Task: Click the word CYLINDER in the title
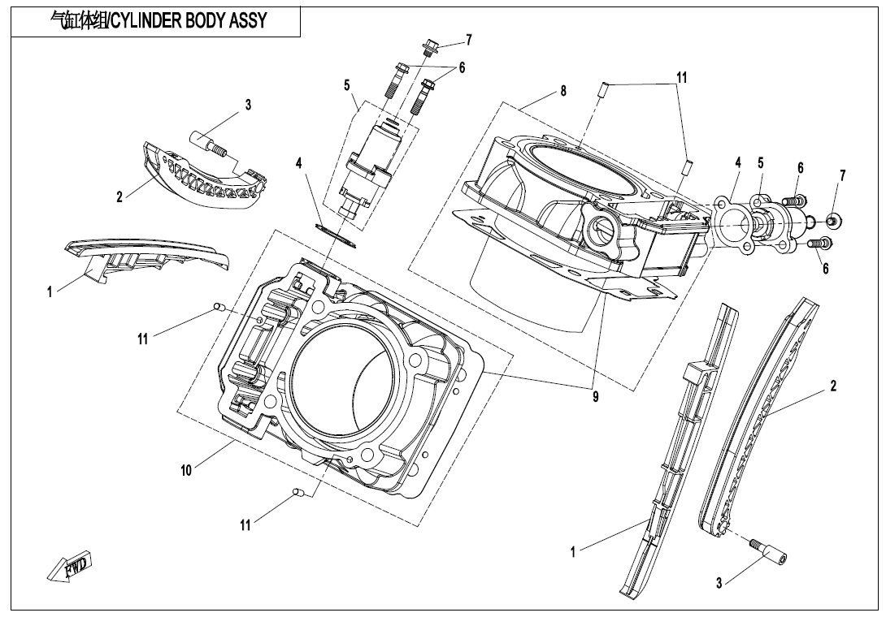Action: (145, 21)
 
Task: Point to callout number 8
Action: (563, 92)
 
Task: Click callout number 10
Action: (186, 470)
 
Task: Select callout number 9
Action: (596, 397)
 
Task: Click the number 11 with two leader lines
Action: (682, 78)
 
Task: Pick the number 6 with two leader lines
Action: (462, 68)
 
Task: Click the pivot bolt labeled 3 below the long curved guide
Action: (769, 554)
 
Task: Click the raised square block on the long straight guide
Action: (695, 374)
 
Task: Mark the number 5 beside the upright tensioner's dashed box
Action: (347, 84)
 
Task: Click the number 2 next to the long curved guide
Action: (833, 386)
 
